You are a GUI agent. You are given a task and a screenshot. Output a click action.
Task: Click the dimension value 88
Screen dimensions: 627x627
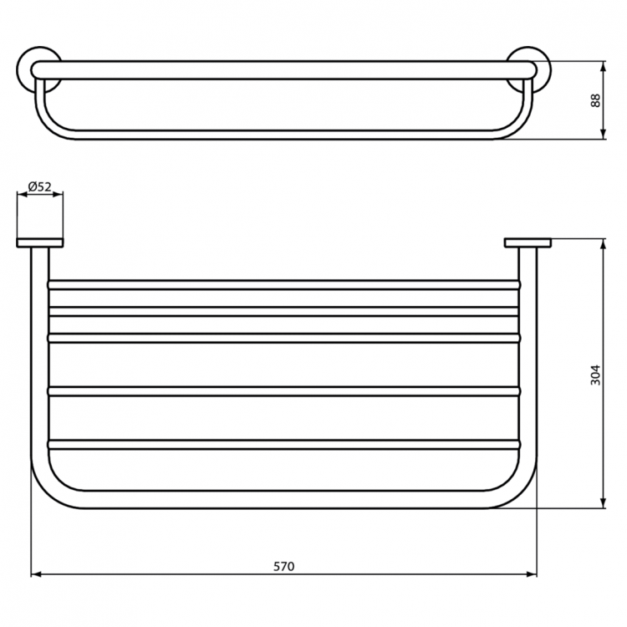pos(595,99)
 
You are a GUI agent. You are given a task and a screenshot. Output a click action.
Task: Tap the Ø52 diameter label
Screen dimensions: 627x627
pos(38,186)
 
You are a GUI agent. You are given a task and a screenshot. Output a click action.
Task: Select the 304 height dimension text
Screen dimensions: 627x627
pos(595,374)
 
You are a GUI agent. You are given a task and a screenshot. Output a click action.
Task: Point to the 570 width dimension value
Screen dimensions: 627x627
pos(284,566)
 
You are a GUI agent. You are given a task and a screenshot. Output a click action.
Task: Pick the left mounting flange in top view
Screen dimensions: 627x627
pos(39,243)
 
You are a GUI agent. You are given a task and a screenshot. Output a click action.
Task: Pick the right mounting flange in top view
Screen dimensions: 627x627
pos(527,243)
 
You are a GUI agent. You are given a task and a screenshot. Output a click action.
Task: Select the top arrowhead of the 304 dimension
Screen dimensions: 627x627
pos(604,245)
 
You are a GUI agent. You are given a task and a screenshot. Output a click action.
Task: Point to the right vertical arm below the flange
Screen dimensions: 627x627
pos(530,351)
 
